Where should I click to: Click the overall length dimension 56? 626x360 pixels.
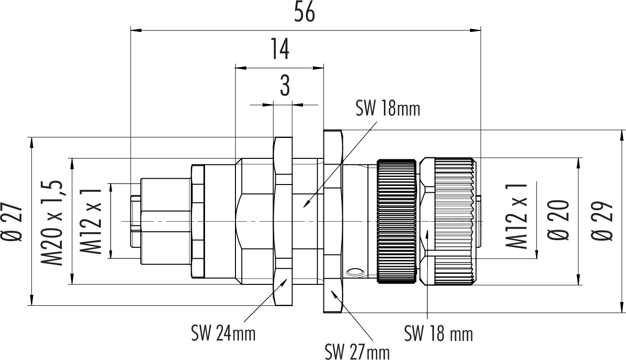tap(304, 12)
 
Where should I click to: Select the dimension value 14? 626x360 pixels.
tap(280, 49)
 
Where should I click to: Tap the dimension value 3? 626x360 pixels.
tap(284, 87)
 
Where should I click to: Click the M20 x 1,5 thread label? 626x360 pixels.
tap(53, 222)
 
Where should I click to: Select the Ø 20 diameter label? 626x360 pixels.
tap(559, 222)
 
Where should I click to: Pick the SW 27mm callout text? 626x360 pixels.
tap(357, 352)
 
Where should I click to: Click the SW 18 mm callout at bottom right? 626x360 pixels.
tap(439, 334)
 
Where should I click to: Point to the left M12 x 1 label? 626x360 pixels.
tap(91, 222)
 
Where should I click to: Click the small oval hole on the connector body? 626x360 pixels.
tap(355, 272)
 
